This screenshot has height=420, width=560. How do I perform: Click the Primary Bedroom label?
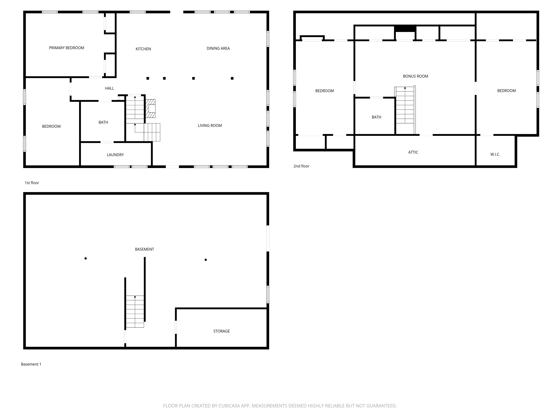(x=67, y=48)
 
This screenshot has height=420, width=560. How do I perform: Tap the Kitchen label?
(x=143, y=49)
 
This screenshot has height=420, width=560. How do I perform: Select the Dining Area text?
(x=218, y=48)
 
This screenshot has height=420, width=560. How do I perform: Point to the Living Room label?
(x=210, y=126)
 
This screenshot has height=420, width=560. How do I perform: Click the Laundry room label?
(x=115, y=155)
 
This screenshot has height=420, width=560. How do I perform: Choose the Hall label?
(x=109, y=88)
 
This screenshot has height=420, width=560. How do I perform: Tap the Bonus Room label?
(x=415, y=76)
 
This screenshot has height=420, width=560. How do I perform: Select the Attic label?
(x=413, y=152)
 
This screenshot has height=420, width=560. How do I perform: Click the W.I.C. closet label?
(x=495, y=154)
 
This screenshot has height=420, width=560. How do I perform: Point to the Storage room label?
(x=221, y=331)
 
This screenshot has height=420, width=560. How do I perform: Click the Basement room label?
(x=144, y=249)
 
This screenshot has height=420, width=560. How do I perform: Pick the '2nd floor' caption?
(x=301, y=166)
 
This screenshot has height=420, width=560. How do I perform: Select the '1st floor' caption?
(x=32, y=183)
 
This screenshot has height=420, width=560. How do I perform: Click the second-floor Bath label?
(x=376, y=117)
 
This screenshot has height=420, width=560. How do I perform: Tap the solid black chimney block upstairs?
(x=405, y=29)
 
